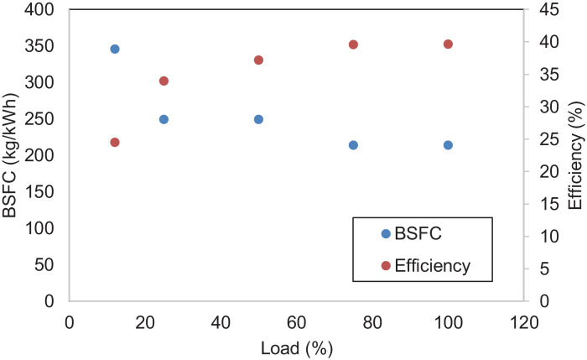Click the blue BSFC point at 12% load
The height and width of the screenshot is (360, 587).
pos(115,49)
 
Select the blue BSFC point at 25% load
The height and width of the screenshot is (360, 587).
pos(164,119)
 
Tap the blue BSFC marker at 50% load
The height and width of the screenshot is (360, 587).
pos(258,119)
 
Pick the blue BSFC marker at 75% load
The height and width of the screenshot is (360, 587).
pos(353,145)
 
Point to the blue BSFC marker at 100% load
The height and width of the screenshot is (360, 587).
pos(448,145)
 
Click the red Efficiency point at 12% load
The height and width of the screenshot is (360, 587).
pos(115,143)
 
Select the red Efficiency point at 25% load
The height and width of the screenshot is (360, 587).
pos(164,81)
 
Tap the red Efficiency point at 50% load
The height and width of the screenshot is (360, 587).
pos(258,60)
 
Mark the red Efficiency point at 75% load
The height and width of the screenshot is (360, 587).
pos(353,44)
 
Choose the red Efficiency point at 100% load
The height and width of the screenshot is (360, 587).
pos(448,44)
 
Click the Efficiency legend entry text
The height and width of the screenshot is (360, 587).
pos(432,265)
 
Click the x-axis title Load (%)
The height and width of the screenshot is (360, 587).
pos(297,346)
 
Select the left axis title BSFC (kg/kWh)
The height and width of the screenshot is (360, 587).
pos(12,155)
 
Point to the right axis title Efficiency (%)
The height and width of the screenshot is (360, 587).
pos(575,155)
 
